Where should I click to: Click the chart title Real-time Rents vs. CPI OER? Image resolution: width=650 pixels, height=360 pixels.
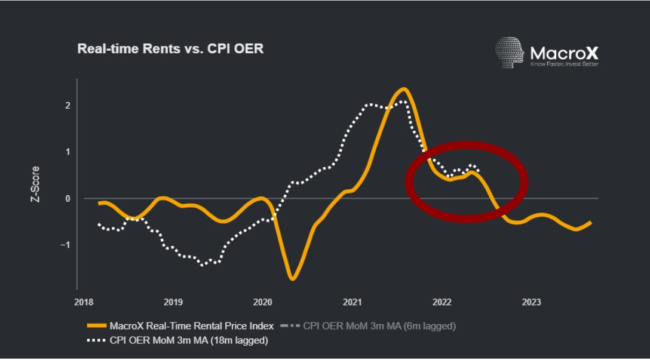click(x=170, y=49)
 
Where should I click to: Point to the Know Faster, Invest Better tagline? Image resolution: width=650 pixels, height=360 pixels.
click(x=564, y=64)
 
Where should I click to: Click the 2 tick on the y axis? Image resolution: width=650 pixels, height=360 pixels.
click(x=68, y=105)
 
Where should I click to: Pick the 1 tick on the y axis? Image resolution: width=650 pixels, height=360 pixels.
click(x=68, y=152)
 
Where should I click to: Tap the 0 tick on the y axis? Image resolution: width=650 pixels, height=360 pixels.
click(x=68, y=198)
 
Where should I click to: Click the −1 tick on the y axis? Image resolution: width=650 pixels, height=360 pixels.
click(x=66, y=245)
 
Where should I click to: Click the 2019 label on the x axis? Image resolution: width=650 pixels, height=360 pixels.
click(x=173, y=303)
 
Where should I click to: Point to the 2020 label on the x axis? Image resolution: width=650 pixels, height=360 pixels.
click(x=262, y=303)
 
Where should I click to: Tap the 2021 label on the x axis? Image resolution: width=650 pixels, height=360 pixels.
click(x=352, y=303)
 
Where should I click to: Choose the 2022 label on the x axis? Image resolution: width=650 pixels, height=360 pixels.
click(x=441, y=303)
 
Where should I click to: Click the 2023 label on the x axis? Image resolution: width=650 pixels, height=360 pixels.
click(x=531, y=303)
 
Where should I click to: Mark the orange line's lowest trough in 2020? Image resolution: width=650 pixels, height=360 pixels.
click(x=293, y=279)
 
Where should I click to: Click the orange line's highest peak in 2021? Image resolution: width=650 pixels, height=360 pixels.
click(x=404, y=89)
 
